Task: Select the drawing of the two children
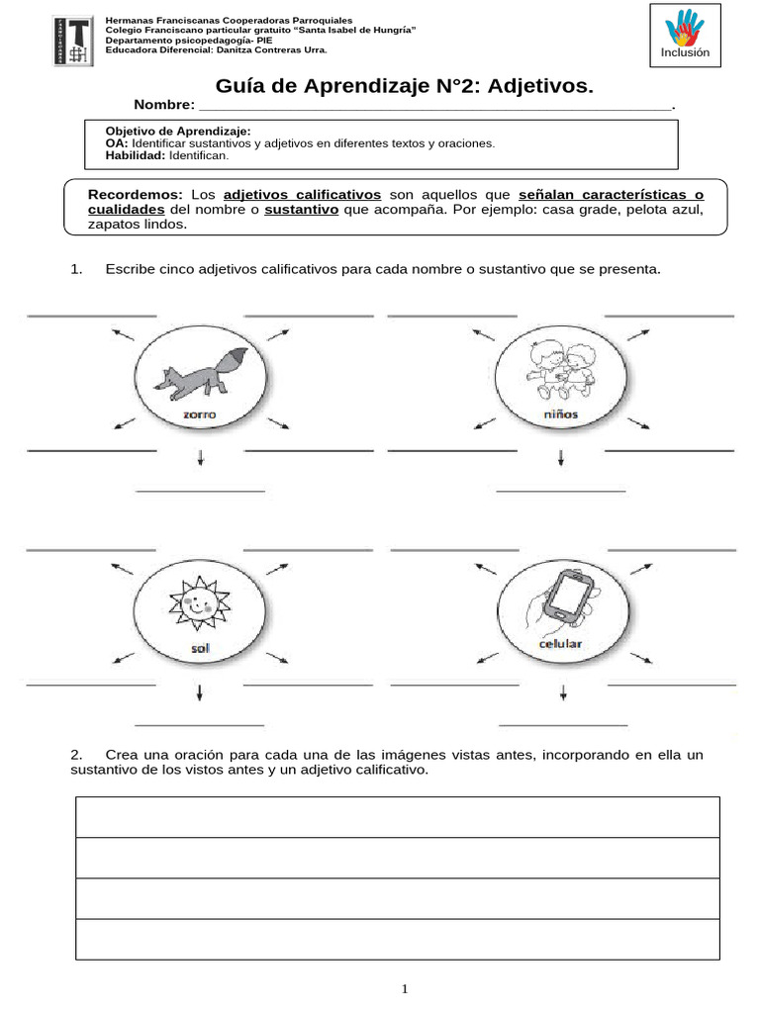560,372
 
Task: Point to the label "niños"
560,414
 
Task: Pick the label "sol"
200,649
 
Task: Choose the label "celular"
560,645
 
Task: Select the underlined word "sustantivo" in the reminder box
302,210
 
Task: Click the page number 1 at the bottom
405,989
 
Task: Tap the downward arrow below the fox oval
201,457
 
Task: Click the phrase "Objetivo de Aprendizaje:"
178,131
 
